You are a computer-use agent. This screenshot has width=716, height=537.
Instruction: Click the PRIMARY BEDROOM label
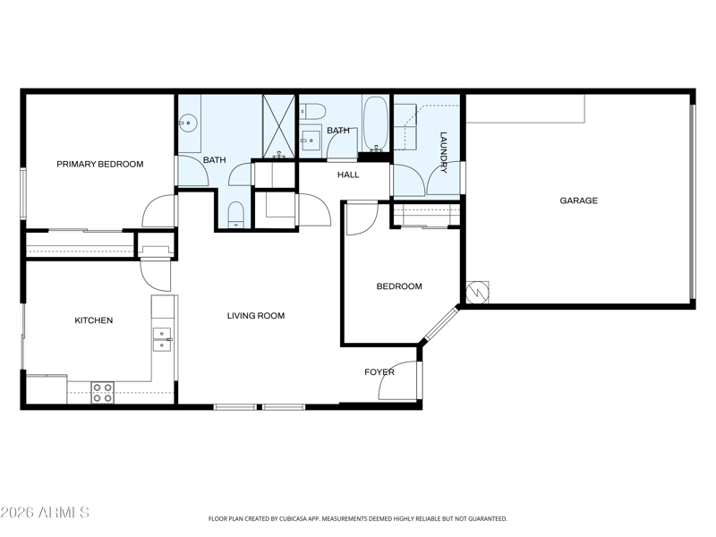(100, 164)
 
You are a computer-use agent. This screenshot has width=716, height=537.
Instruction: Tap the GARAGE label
(578, 200)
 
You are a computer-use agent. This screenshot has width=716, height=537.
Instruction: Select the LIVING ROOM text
(256, 316)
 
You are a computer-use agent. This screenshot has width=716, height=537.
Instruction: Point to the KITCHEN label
(94, 320)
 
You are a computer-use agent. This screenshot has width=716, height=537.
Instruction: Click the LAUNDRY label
(443, 152)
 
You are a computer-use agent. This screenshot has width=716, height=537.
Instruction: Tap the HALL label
(348, 175)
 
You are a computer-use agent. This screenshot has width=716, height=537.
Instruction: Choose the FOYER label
(379, 372)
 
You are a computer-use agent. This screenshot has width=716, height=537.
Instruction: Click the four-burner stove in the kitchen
(103, 393)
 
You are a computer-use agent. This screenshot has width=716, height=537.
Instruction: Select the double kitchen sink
(162, 339)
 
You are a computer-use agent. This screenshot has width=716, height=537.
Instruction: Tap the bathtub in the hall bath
(376, 124)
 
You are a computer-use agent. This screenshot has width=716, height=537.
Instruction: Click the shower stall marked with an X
(278, 126)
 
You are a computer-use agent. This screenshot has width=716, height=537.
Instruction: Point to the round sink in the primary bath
(187, 123)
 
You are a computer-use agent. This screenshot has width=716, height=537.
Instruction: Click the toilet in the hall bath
(312, 111)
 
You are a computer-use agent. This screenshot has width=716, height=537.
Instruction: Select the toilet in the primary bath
(235, 214)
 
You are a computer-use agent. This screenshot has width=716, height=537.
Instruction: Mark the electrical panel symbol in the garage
(477, 293)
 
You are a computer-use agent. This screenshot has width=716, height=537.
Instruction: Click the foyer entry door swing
(396, 380)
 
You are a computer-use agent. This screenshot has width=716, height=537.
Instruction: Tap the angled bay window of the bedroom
(441, 324)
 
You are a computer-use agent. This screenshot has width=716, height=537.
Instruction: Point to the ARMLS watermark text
(64, 512)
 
